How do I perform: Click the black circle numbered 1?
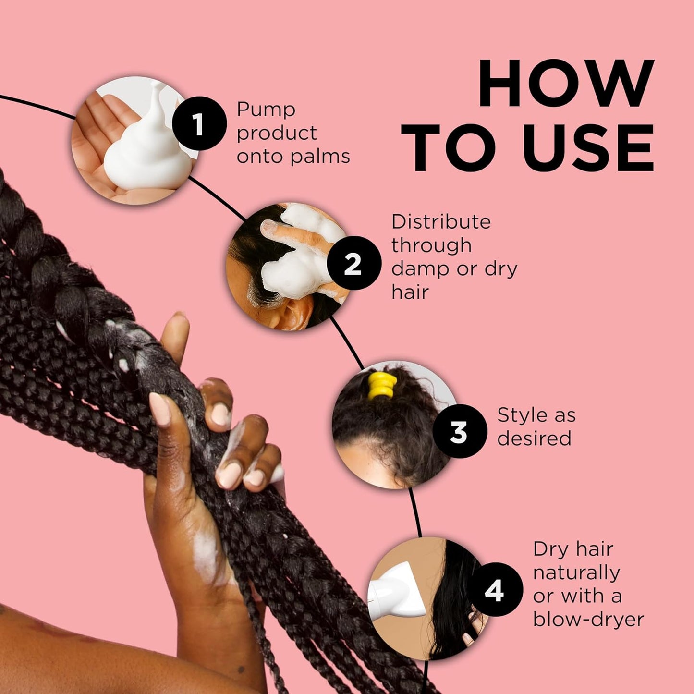point(199,123)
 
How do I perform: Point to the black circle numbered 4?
point(495,589)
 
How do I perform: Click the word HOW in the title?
point(565,84)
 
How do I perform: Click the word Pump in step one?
point(266,110)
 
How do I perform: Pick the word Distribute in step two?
point(441,222)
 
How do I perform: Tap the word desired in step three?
point(534,438)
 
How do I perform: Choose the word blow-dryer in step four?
point(588,620)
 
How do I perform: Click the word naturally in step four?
point(576,572)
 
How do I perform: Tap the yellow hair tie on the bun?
point(382,386)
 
